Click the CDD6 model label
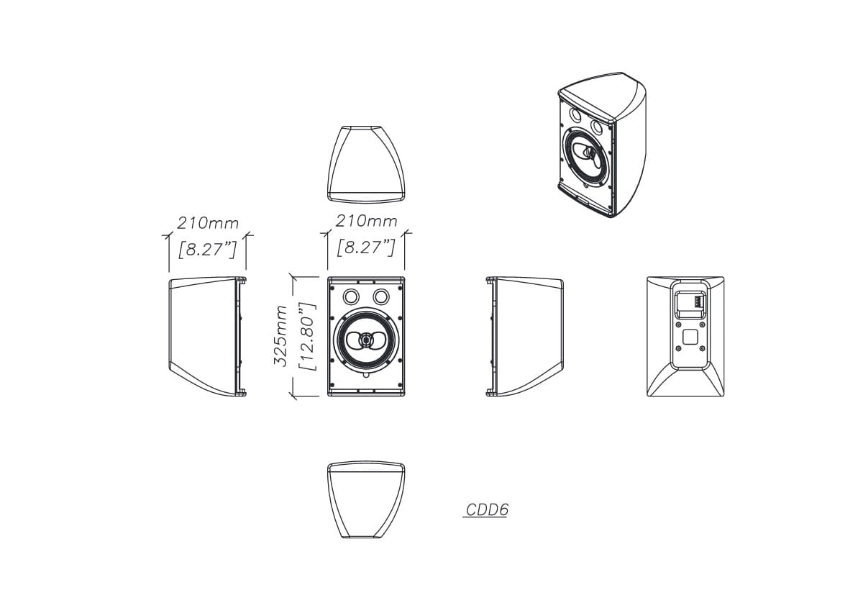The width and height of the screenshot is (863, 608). click(487, 509)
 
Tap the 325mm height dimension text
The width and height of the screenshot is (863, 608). click(280, 336)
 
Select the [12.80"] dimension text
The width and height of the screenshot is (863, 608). click(308, 336)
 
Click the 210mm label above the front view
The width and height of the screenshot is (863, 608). click(366, 222)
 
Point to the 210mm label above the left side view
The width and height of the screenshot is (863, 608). click(207, 223)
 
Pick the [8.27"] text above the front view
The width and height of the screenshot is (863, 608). click(365, 247)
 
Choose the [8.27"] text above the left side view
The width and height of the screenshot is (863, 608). click(207, 250)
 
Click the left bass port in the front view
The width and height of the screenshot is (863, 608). click(351, 296)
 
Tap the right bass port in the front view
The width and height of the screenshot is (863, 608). click(380, 296)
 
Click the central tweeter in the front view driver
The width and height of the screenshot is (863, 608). click(365, 340)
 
